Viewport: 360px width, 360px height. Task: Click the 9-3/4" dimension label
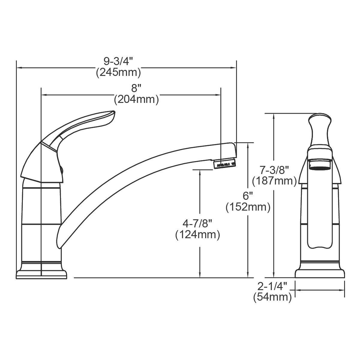click(118, 62)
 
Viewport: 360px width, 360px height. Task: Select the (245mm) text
click(118, 73)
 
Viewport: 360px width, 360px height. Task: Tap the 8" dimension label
click(136, 88)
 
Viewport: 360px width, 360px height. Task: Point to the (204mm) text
click(136, 99)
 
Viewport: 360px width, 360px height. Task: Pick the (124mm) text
click(197, 234)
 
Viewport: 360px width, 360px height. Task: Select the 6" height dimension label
click(248, 196)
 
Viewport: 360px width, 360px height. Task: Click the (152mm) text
click(248, 207)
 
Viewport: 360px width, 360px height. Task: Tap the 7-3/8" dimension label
click(274, 170)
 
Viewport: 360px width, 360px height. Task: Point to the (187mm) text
click(274, 181)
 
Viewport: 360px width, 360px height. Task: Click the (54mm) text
click(272, 297)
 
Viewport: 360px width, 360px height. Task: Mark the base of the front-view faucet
click(320, 273)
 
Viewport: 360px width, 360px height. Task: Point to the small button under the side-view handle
click(62, 170)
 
